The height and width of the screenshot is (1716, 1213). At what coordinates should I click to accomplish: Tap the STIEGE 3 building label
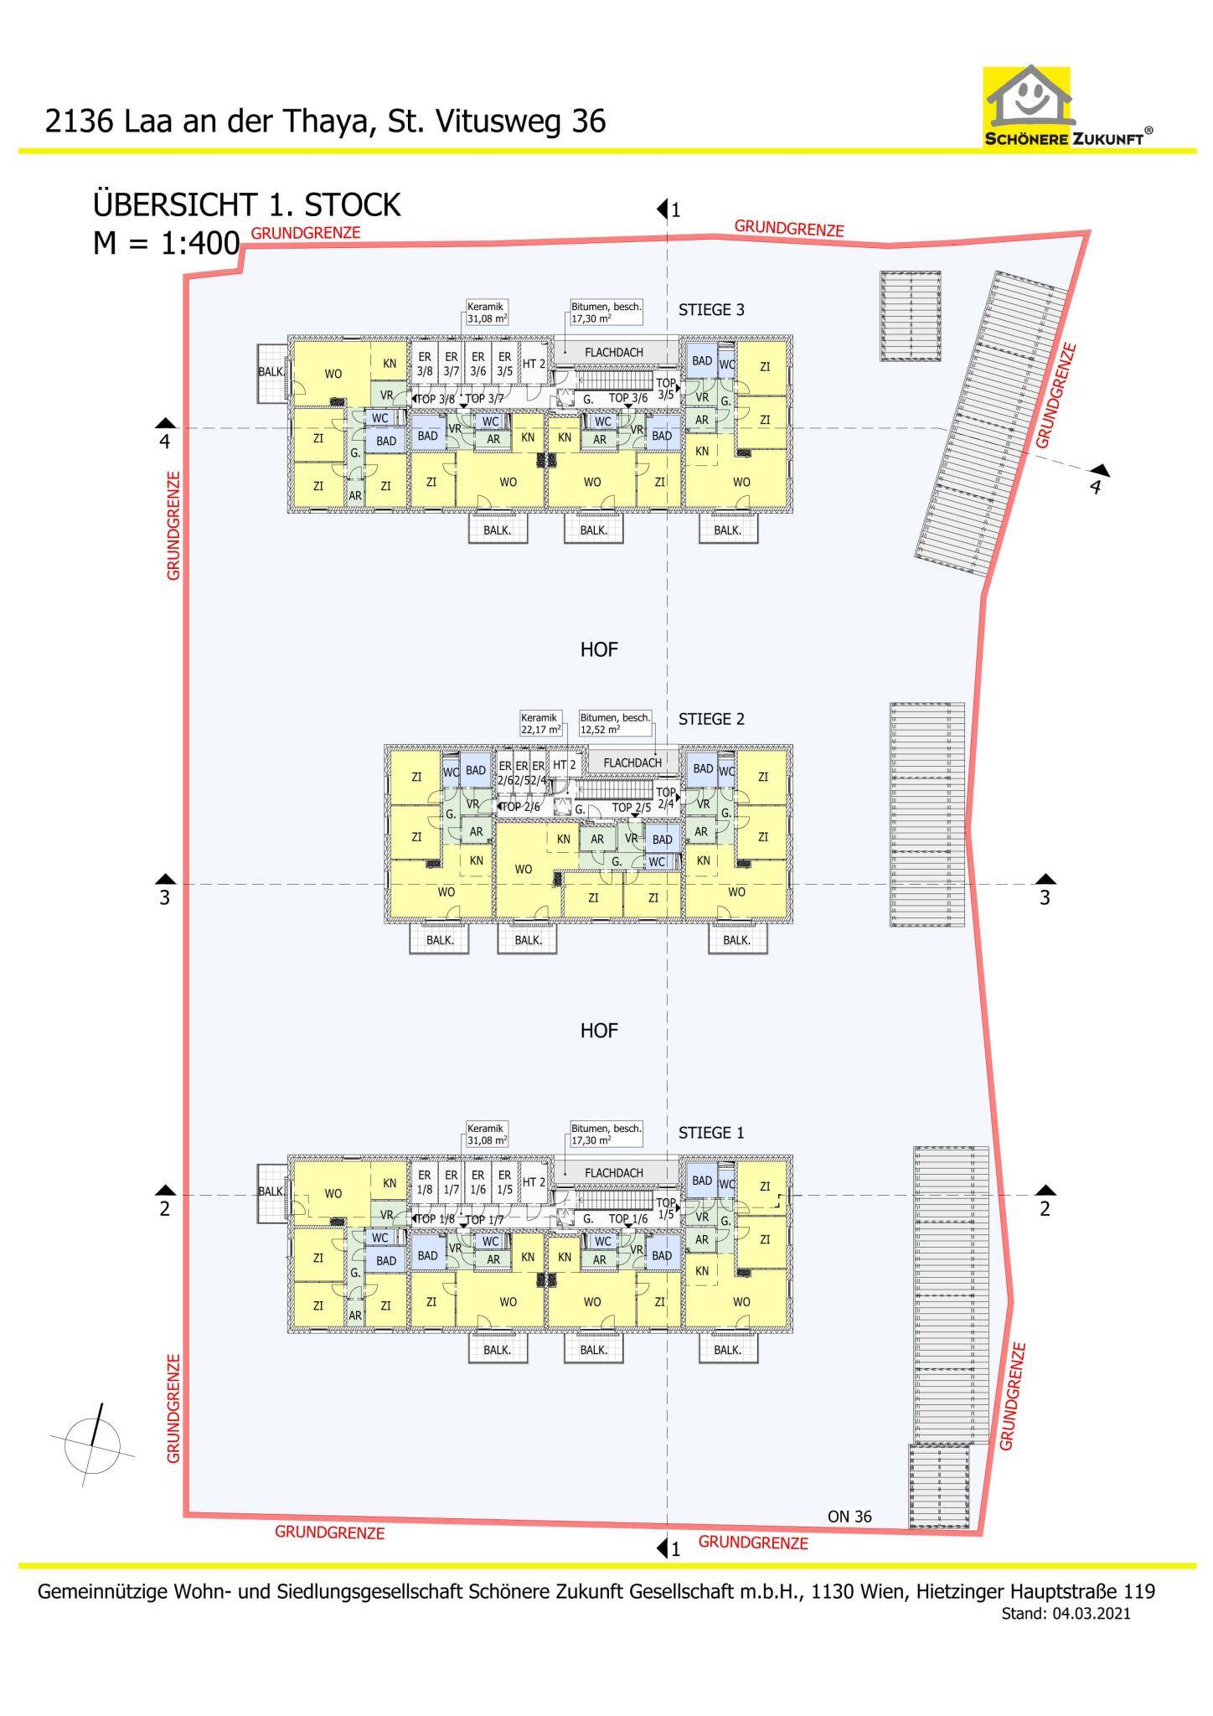coord(711,310)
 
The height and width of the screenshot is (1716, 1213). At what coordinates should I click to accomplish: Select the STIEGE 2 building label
coord(711,719)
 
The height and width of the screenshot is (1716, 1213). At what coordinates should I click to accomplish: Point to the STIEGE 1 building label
coord(711,1133)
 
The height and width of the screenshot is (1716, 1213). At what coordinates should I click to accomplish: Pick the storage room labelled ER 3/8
coord(425,364)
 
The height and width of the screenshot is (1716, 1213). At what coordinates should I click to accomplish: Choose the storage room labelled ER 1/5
coord(504,1182)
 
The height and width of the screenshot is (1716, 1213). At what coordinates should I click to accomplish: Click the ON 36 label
coord(849,1517)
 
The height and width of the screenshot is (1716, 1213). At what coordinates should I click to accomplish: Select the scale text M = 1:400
coord(167,244)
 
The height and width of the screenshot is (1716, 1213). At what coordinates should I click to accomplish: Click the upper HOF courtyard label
coord(599,649)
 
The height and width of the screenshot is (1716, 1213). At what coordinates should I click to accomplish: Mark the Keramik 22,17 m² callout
coord(540,723)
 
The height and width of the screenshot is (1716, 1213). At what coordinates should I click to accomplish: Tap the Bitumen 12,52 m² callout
coord(615,723)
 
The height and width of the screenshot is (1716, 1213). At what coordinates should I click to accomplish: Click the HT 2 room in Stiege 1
coord(534,1182)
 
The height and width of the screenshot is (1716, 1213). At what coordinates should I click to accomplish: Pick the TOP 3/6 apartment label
coord(628,399)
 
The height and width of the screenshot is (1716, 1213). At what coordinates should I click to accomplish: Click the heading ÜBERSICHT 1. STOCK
coord(247,205)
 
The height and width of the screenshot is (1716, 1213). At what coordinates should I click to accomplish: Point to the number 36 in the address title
coord(588,121)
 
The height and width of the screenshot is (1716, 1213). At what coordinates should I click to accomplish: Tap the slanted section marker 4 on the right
coord(1095,486)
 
